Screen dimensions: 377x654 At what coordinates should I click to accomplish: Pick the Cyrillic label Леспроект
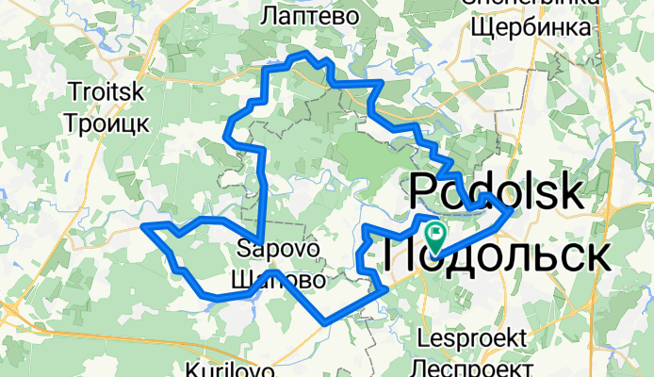474,366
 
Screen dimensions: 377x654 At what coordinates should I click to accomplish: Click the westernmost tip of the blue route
141,225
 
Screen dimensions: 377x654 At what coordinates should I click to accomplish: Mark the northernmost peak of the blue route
303,54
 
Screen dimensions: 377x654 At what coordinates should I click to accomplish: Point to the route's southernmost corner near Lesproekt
324,323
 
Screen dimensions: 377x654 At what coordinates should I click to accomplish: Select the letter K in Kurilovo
193,369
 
